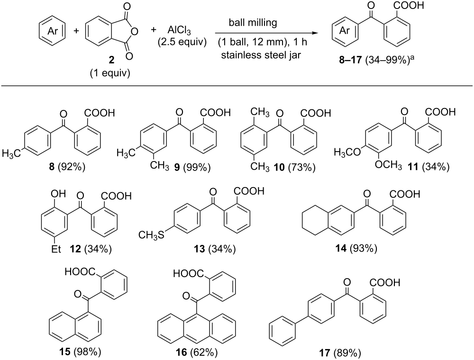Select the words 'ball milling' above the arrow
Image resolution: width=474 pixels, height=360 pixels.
coord(253,22)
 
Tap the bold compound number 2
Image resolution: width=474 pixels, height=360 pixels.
coord(111,60)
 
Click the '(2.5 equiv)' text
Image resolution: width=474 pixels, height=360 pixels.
coord(182,42)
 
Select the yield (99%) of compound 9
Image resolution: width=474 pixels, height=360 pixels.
coord(197,167)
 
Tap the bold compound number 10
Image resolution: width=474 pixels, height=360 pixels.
coord(279,167)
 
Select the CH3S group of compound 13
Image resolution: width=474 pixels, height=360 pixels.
coord(151,234)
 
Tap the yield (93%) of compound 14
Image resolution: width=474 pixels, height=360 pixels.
coord(364,249)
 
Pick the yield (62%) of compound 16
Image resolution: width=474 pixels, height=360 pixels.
coord(204,352)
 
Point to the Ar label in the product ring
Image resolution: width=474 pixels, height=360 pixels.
coord(345,30)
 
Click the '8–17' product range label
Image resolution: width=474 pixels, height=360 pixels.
coord(350,60)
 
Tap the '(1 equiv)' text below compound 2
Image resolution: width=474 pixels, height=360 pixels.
coord(110,73)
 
